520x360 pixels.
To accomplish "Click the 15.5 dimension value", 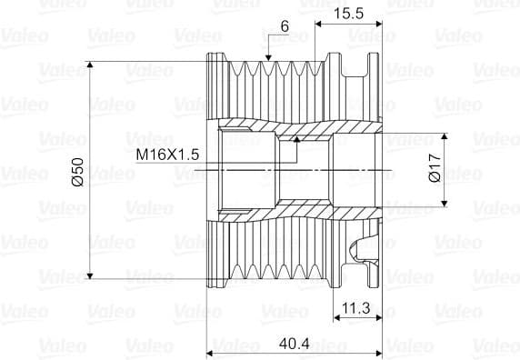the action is (348, 14).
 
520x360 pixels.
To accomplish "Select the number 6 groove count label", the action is (285, 26).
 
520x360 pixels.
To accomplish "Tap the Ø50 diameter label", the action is (78, 172).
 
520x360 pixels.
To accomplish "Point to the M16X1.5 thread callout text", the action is (167, 155).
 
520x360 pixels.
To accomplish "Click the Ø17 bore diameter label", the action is (435, 168).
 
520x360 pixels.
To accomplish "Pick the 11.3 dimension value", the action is (355, 308).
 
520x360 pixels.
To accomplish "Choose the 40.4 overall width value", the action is (295, 344).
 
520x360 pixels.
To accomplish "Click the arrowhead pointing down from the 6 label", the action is (268, 57).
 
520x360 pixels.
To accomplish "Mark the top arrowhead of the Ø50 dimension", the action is (90, 65).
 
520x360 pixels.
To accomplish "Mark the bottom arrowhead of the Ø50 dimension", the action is (90, 275).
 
